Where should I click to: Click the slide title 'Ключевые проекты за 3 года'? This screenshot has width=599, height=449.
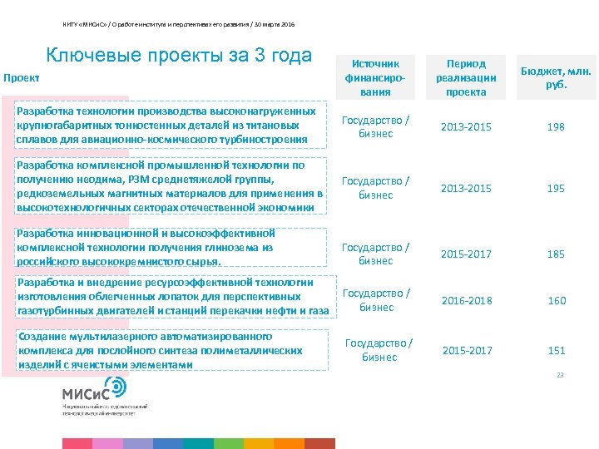pos(179,56)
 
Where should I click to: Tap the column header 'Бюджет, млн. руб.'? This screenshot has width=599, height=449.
pos(555,77)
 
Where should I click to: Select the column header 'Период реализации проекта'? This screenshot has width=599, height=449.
pos(466,77)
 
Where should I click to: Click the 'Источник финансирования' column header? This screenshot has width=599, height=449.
pos(376,77)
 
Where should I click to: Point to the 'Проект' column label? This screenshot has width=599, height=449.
pos(22,78)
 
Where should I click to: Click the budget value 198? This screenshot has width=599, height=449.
pos(556,127)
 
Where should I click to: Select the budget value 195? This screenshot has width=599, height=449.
pos(556,188)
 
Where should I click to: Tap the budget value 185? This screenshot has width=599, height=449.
pos(556,254)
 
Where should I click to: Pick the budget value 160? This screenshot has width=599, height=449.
pos(556,300)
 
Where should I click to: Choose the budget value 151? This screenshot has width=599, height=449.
pos(556,350)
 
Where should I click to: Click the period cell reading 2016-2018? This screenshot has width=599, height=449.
pos(466,300)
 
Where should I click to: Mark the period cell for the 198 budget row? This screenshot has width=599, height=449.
pos(466,127)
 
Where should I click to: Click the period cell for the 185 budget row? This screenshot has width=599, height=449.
pos(466,254)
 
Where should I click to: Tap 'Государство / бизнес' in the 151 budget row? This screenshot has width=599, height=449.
pos(379,350)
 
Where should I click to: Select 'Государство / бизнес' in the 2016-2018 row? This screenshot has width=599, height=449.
pos(376,300)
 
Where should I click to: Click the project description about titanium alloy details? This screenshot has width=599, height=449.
pos(166,125)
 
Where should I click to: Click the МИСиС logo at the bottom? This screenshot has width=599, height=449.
pos(94,390)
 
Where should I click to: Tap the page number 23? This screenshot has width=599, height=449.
pos(560,375)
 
